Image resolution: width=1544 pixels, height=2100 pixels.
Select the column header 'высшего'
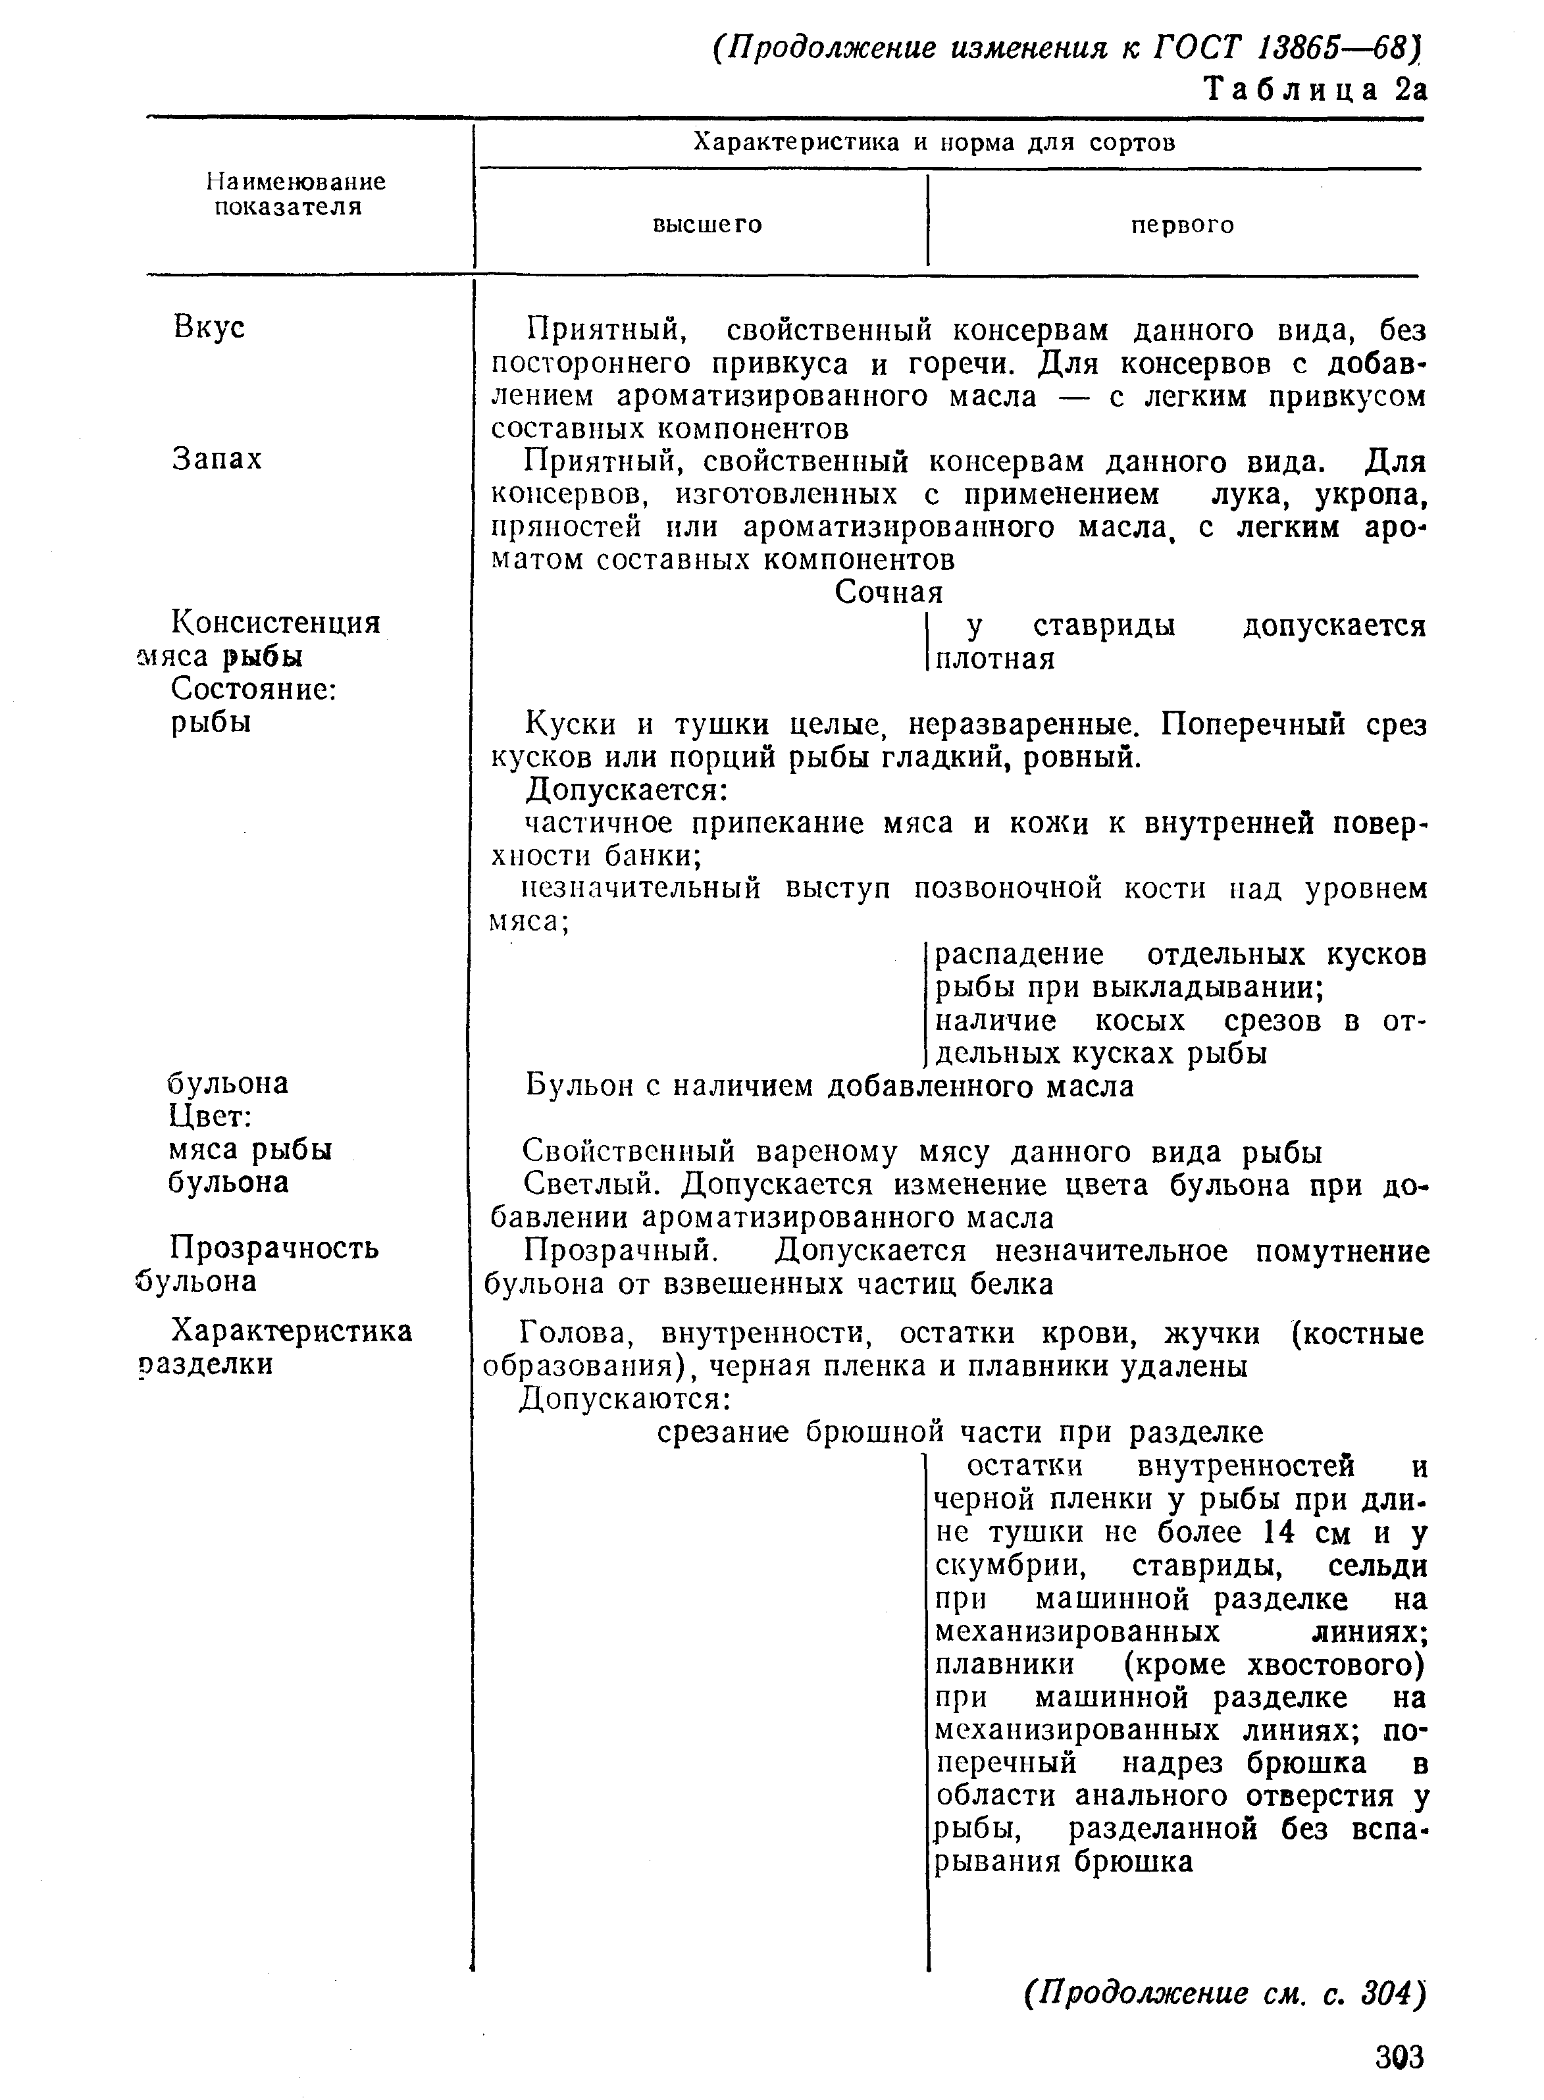[x=707, y=224]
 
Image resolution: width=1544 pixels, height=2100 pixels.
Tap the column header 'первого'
[x=1182, y=225]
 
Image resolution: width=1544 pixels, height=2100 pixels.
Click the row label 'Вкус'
[x=209, y=327]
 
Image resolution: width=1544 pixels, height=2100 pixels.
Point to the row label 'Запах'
[x=217, y=459]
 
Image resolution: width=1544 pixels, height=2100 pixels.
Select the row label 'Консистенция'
[x=276, y=623]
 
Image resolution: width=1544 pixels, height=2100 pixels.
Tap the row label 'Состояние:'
[x=254, y=689]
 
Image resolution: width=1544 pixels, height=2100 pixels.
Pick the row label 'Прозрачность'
[x=274, y=1248]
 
